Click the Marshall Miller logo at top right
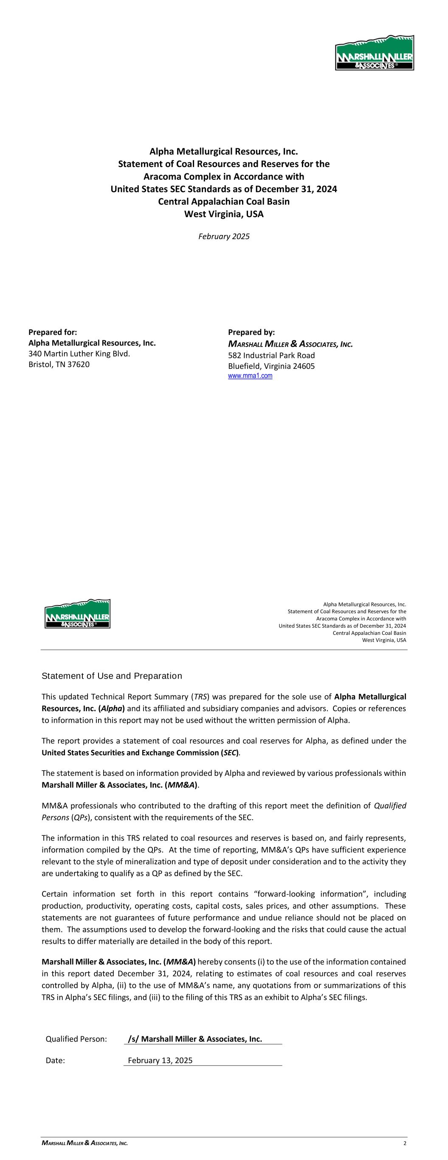tap(374, 53)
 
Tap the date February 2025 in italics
tap(224, 236)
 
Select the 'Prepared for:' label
tap(53, 332)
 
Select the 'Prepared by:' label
tap(251, 332)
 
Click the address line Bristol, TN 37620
tap(59, 364)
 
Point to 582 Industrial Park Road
tap(271, 355)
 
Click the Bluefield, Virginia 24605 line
tap(271, 366)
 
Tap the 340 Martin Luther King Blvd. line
tap(79, 354)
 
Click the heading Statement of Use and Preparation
tap(112, 676)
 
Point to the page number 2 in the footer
tap(405, 1143)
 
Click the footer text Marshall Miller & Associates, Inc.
tap(85, 1143)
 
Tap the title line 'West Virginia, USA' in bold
tap(224, 214)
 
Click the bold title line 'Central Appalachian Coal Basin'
tap(224, 202)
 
